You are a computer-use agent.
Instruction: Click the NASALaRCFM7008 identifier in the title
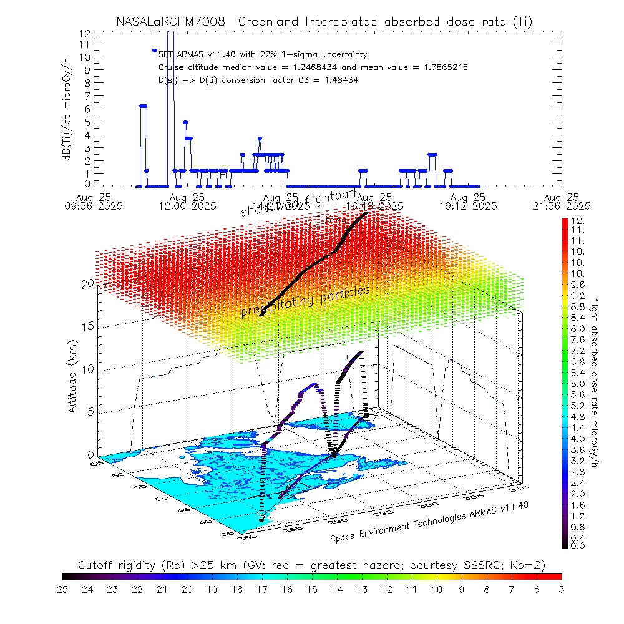coord(170,22)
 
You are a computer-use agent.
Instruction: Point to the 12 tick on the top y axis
coord(85,33)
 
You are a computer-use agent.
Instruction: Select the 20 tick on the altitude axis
coord(87,283)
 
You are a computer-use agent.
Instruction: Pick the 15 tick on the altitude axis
coord(87,326)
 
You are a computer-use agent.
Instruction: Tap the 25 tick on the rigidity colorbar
coord(63,588)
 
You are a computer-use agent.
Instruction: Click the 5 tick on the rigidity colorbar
coord(561,588)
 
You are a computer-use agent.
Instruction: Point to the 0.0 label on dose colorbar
coord(578,546)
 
